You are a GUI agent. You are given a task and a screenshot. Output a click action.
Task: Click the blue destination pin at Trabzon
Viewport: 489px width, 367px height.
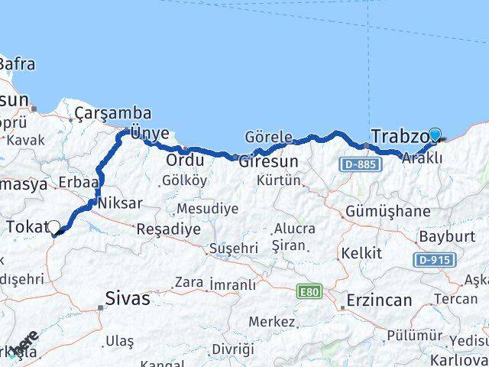[435, 135]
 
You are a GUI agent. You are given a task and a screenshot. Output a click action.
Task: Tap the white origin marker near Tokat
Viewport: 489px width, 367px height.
[53, 227]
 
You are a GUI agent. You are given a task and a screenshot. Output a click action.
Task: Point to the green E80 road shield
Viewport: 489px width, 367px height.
[310, 291]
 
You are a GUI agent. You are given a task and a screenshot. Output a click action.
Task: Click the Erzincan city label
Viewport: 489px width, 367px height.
[379, 300]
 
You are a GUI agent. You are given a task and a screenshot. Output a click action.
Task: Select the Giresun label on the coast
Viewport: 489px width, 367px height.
[267, 162]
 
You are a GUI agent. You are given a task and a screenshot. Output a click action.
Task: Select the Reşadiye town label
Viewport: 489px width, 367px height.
[164, 228]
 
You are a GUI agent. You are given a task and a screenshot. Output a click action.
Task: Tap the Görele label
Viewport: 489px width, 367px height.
[268, 138]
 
